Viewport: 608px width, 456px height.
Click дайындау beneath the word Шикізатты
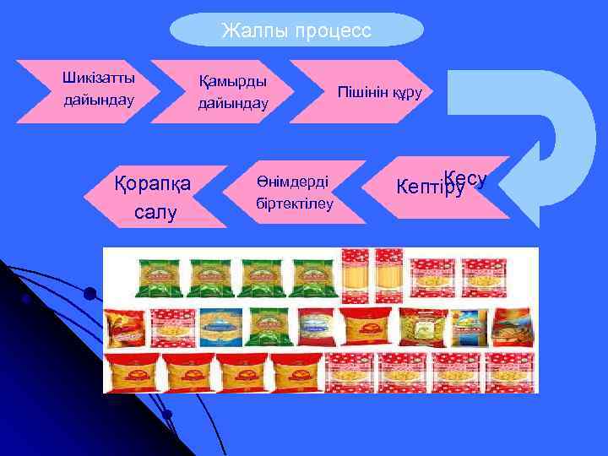pyautogui.click(x=99, y=100)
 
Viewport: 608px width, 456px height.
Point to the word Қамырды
pyautogui.click(x=233, y=82)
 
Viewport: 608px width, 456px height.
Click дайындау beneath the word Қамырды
pyautogui.click(x=233, y=103)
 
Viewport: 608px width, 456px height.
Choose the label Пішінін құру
pyautogui.click(x=379, y=91)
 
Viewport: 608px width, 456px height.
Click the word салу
pyautogui.click(x=155, y=211)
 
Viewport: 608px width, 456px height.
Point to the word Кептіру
pyautogui.click(x=431, y=187)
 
